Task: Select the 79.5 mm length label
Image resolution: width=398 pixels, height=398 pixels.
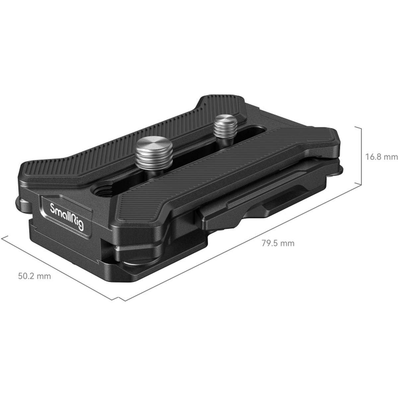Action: [x=278, y=243]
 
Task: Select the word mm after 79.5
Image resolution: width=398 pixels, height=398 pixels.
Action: [x=287, y=243]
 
